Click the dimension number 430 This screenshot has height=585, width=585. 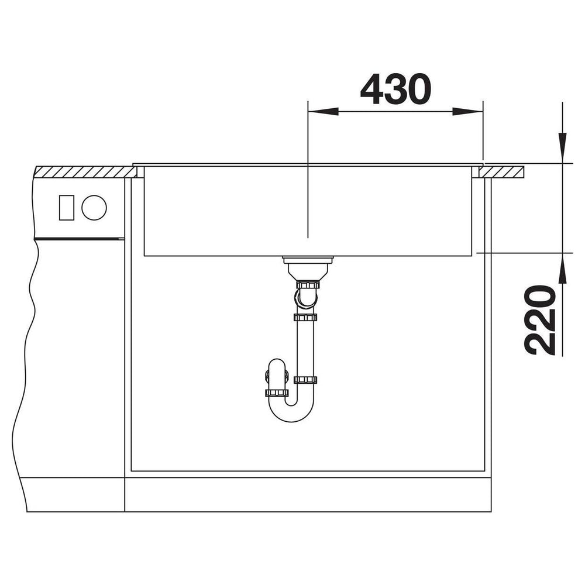[x=395, y=89]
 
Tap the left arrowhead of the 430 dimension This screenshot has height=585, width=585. [x=323, y=111]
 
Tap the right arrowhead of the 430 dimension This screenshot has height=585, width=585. [x=467, y=111]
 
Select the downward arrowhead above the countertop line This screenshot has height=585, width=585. [x=562, y=148]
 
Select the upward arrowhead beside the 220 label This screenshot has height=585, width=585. [x=562, y=269]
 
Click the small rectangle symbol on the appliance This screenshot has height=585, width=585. [x=67, y=208]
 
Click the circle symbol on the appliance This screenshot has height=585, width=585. [x=94, y=208]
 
